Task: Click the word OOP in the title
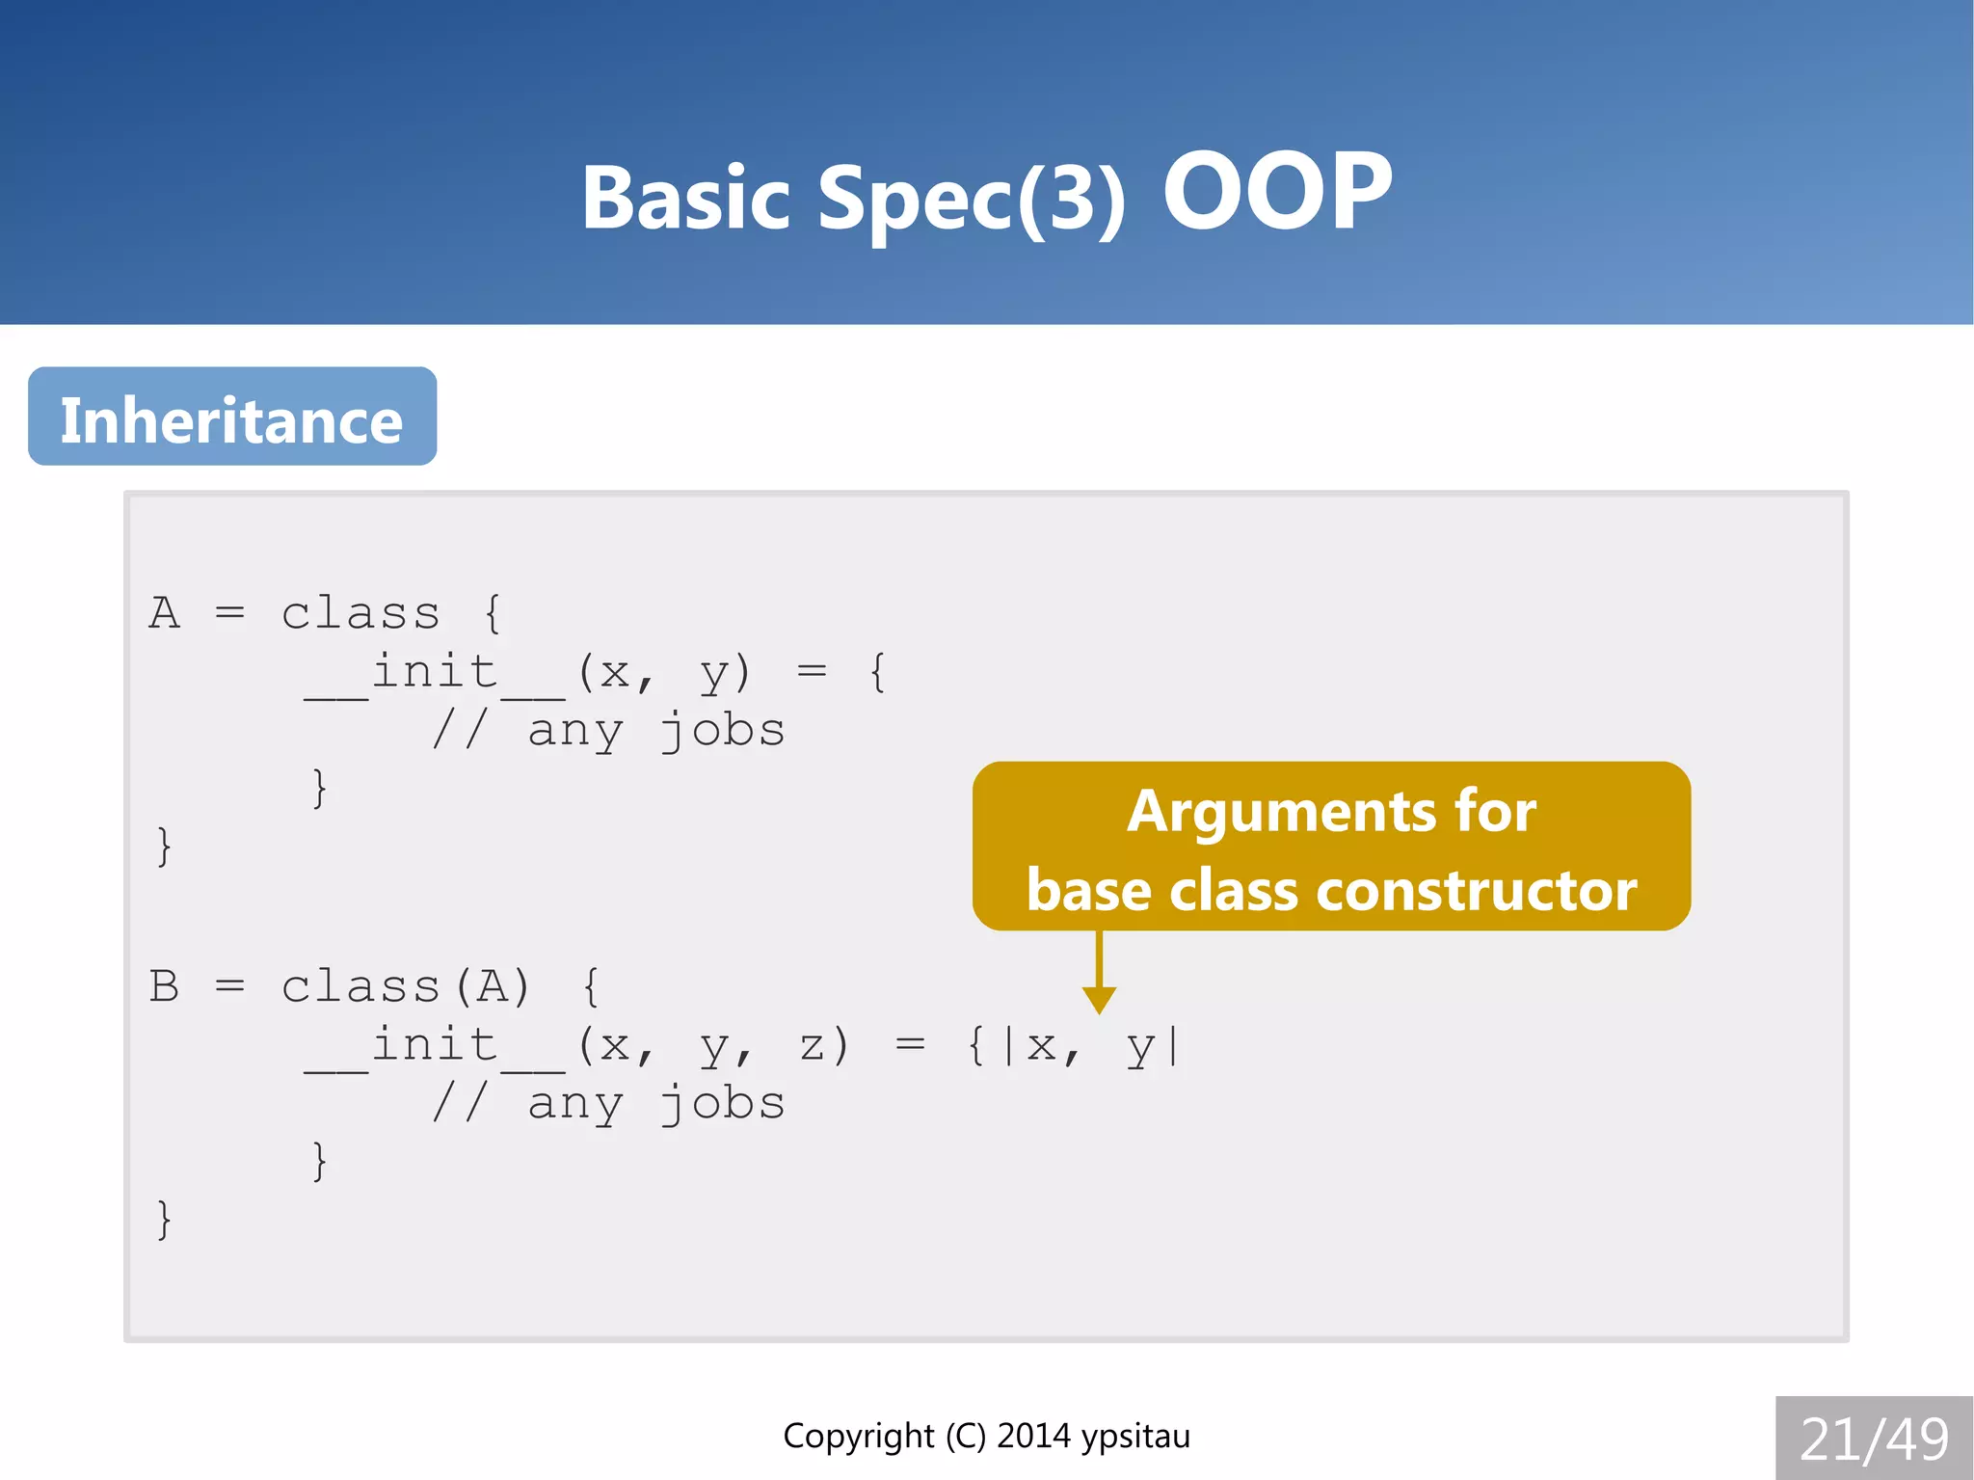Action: [x=1277, y=192]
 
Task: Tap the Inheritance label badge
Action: [x=232, y=417]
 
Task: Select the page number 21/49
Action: [x=1874, y=1439]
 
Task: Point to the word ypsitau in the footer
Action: [x=1135, y=1437]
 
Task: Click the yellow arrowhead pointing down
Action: [x=1099, y=999]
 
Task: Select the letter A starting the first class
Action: [x=164, y=613]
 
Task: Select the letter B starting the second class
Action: [x=164, y=986]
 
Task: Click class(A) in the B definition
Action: [x=405, y=986]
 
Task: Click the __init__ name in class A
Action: [x=435, y=673]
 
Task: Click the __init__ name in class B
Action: [x=435, y=1046]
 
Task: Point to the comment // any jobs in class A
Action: [x=607, y=731]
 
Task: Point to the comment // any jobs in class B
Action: [x=607, y=1104]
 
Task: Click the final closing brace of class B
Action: [x=164, y=1220]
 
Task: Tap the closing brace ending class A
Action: [x=164, y=847]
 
